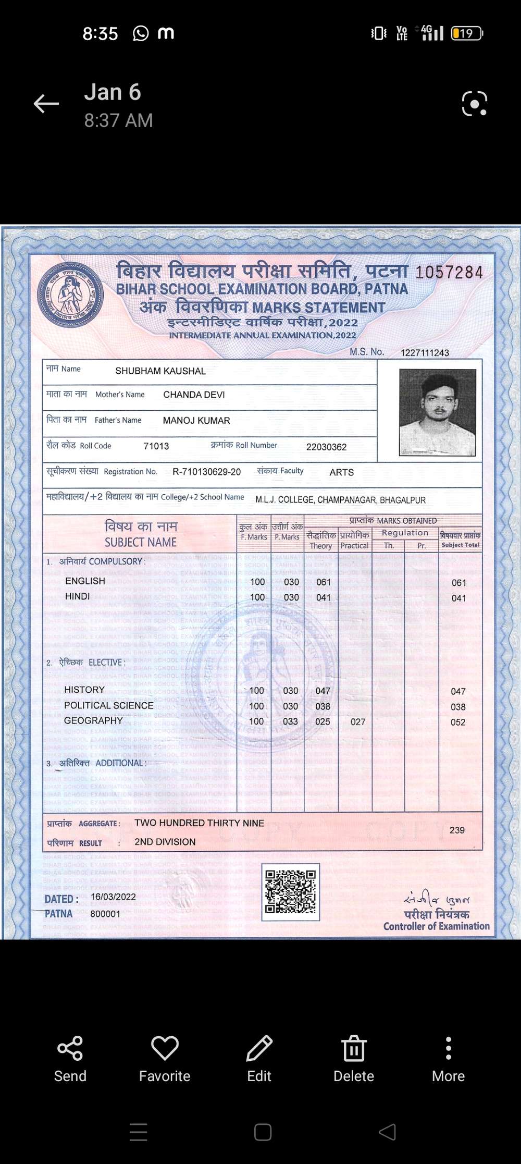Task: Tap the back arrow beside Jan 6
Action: [x=46, y=104]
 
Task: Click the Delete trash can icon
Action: [x=354, y=1048]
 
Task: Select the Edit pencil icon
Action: [x=259, y=1048]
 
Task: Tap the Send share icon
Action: [x=70, y=1048]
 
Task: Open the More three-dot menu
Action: [x=448, y=1048]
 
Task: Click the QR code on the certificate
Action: [x=290, y=891]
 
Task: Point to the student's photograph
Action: [x=437, y=412]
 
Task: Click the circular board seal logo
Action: [x=70, y=296]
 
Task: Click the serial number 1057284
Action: [x=449, y=272]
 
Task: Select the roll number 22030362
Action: [x=326, y=447]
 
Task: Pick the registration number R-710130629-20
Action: [x=206, y=472]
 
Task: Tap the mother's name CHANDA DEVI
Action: [x=194, y=395]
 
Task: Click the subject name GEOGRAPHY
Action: [x=93, y=720]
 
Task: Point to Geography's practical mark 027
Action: [x=358, y=722]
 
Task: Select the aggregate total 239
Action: [x=457, y=830]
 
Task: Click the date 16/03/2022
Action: [x=113, y=897]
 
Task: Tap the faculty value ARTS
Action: [x=341, y=472]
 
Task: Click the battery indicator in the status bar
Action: [x=467, y=33]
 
